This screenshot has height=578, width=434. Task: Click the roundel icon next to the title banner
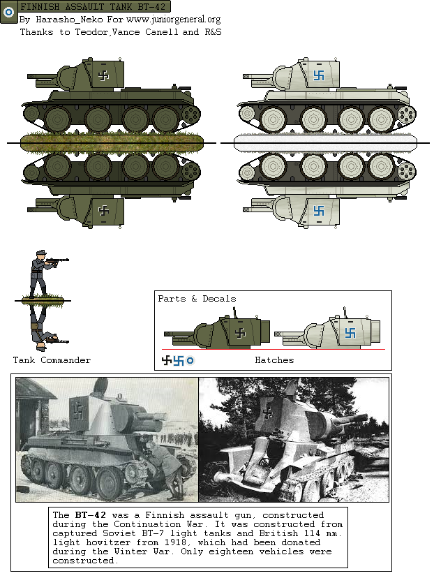coord(9,12)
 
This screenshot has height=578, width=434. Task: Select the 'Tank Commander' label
coord(52,360)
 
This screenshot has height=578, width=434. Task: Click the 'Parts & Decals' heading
coord(197,299)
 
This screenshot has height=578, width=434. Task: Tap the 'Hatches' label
coord(274,360)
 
